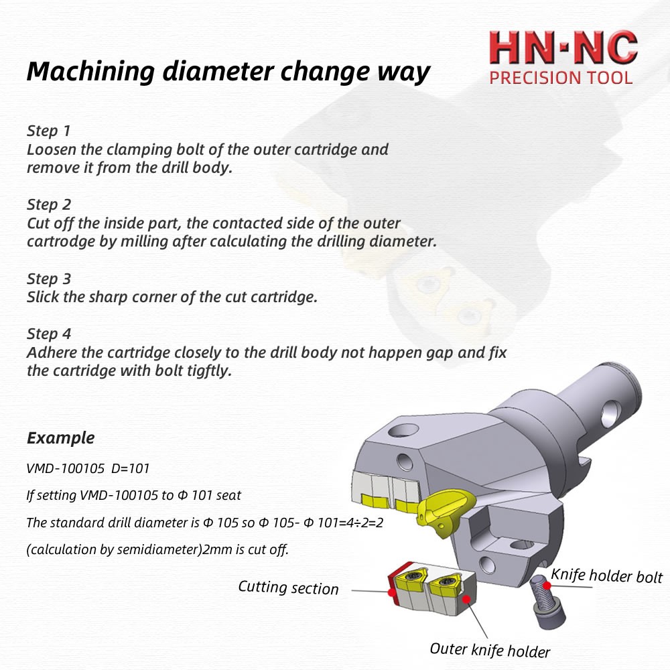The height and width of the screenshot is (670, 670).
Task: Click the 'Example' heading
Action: [60, 438]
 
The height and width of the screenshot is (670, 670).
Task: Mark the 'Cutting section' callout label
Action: [288, 588]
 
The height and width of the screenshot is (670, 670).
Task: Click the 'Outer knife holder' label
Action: [489, 649]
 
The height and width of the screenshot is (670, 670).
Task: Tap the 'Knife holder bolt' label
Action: [606, 576]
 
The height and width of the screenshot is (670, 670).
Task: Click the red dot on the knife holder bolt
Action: [547, 585]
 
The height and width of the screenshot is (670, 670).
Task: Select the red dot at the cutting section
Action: [389, 592]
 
